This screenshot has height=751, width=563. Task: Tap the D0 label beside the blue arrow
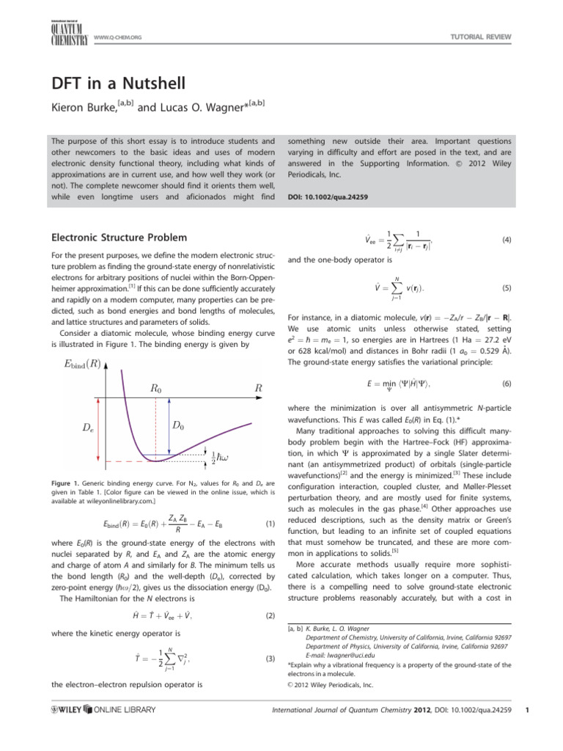[178, 425]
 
